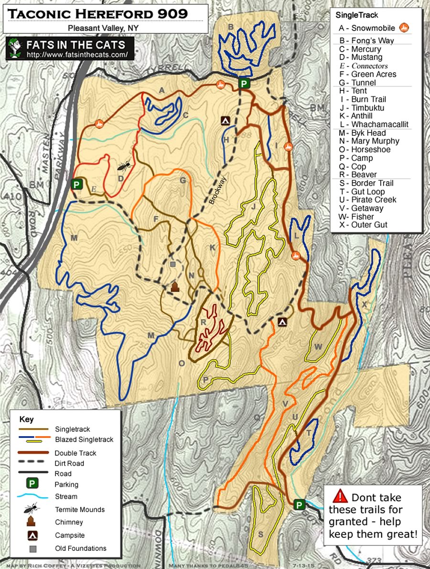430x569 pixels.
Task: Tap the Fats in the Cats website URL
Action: [78, 55]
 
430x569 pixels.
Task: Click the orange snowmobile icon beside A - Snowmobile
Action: [405, 28]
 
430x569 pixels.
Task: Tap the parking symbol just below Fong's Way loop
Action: [244, 84]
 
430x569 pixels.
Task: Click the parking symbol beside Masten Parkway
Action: [75, 184]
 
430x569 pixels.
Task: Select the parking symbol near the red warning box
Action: [299, 504]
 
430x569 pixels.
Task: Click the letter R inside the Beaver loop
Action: [203, 322]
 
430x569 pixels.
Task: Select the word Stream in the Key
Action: [66, 496]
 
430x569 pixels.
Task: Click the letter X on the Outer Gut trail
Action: [365, 304]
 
